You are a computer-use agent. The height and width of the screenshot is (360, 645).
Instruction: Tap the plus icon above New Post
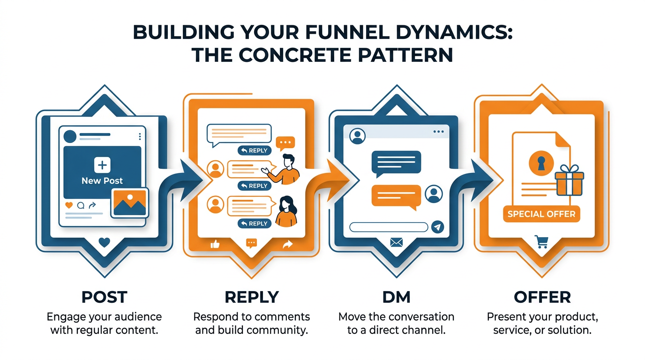(x=102, y=165)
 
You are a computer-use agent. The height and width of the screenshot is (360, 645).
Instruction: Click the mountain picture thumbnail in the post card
(x=130, y=202)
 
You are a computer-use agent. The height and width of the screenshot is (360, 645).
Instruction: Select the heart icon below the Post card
(x=105, y=242)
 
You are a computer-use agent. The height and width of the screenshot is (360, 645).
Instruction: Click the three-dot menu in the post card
(x=140, y=136)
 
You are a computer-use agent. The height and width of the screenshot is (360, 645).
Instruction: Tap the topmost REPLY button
(x=254, y=150)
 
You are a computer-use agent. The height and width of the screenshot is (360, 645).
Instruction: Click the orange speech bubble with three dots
(x=285, y=142)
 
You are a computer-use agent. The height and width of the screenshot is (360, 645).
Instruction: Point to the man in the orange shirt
(x=287, y=169)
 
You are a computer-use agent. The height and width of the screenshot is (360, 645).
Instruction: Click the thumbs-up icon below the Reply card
(x=216, y=244)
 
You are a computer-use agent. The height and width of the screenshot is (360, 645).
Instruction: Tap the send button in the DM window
(x=437, y=227)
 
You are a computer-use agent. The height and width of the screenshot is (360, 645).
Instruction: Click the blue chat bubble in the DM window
(x=396, y=162)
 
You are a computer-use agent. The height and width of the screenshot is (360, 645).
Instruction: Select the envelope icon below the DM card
(x=397, y=242)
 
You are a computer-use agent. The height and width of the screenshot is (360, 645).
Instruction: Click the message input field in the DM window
(x=389, y=227)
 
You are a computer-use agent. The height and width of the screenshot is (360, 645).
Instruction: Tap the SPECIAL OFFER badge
(x=541, y=214)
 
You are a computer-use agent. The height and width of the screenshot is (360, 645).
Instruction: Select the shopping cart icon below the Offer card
(x=541, y=242)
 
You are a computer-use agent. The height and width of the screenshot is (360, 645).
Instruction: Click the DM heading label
(x=396, y=297)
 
